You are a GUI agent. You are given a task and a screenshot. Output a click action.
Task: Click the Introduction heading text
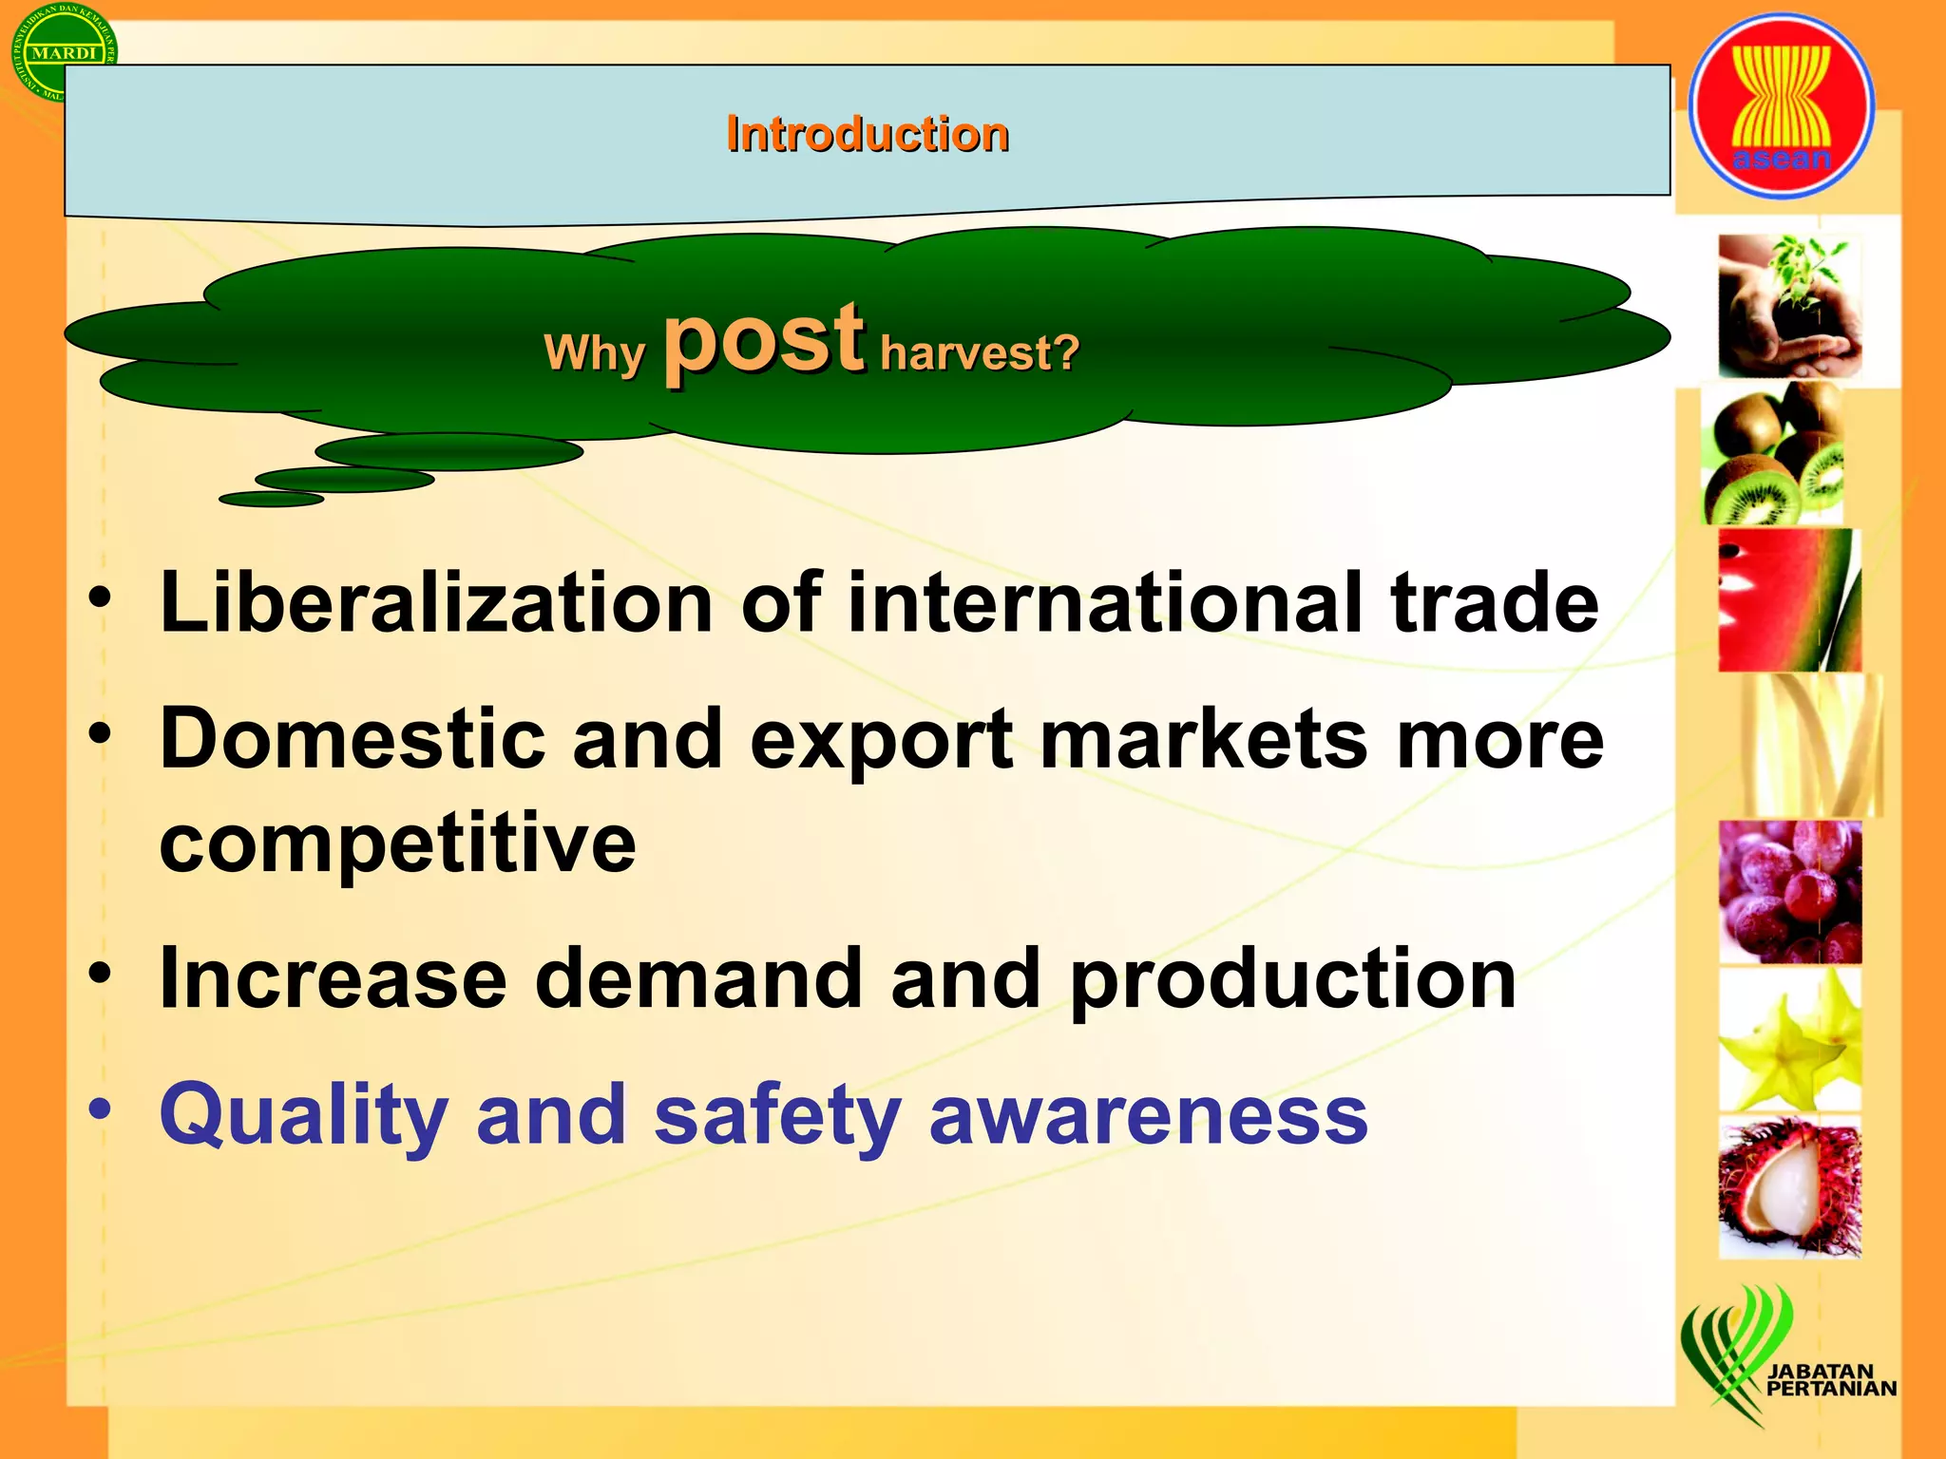pos(867,134)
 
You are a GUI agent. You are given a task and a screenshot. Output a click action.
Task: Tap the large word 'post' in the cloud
pos(763,340)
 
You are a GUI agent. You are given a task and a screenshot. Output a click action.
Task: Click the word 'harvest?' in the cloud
pos(980,353)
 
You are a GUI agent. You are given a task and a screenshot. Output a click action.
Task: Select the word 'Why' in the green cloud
pos(594,353)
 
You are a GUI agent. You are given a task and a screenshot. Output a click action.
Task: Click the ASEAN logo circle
pos(1781,106)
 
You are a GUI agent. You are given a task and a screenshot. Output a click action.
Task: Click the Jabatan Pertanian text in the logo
pos(1829,1380)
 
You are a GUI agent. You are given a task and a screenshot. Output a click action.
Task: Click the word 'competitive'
pos(397,843)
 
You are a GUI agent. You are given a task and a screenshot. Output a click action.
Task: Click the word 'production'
pos(1292,980)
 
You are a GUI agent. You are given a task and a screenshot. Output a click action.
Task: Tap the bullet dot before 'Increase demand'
pos(101,975)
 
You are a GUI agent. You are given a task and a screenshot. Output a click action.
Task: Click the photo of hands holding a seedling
pos(1789,306)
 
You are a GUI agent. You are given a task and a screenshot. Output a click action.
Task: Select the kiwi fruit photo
pos(1773,454)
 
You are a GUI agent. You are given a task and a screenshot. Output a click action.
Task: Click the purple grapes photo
pos(1789,891)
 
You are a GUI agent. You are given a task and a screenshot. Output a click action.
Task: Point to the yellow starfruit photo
pos(1789,1039)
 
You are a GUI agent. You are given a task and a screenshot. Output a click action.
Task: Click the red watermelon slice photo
pos(1789,600)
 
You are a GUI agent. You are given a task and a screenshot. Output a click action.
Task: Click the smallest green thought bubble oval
pos(271,499)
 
